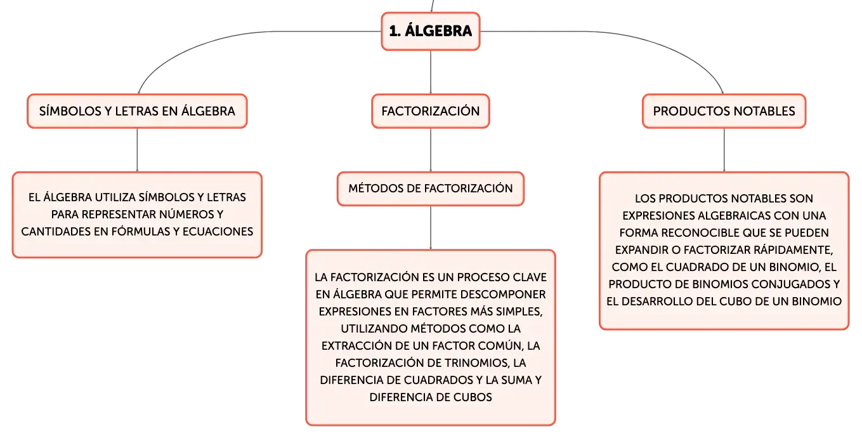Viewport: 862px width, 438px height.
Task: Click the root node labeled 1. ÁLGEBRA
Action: point(431,31)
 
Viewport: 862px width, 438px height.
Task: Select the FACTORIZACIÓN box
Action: point(431,111)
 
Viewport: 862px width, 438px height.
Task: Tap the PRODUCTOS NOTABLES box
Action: point(724,111)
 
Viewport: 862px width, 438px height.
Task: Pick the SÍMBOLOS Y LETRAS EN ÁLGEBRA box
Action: point(137,111)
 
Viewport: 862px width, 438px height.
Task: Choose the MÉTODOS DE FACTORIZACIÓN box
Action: point(431,189)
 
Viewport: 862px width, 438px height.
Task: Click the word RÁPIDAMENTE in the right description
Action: point(793,250)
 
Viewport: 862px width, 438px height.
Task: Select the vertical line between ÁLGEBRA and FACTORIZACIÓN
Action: point(431,72)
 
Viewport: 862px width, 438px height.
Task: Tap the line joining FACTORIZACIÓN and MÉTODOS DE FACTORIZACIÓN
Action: point(431,150)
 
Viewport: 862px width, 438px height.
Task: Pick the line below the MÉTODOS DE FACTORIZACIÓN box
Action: point(431,228)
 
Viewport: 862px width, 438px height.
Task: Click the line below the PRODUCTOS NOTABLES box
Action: point(724,150)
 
